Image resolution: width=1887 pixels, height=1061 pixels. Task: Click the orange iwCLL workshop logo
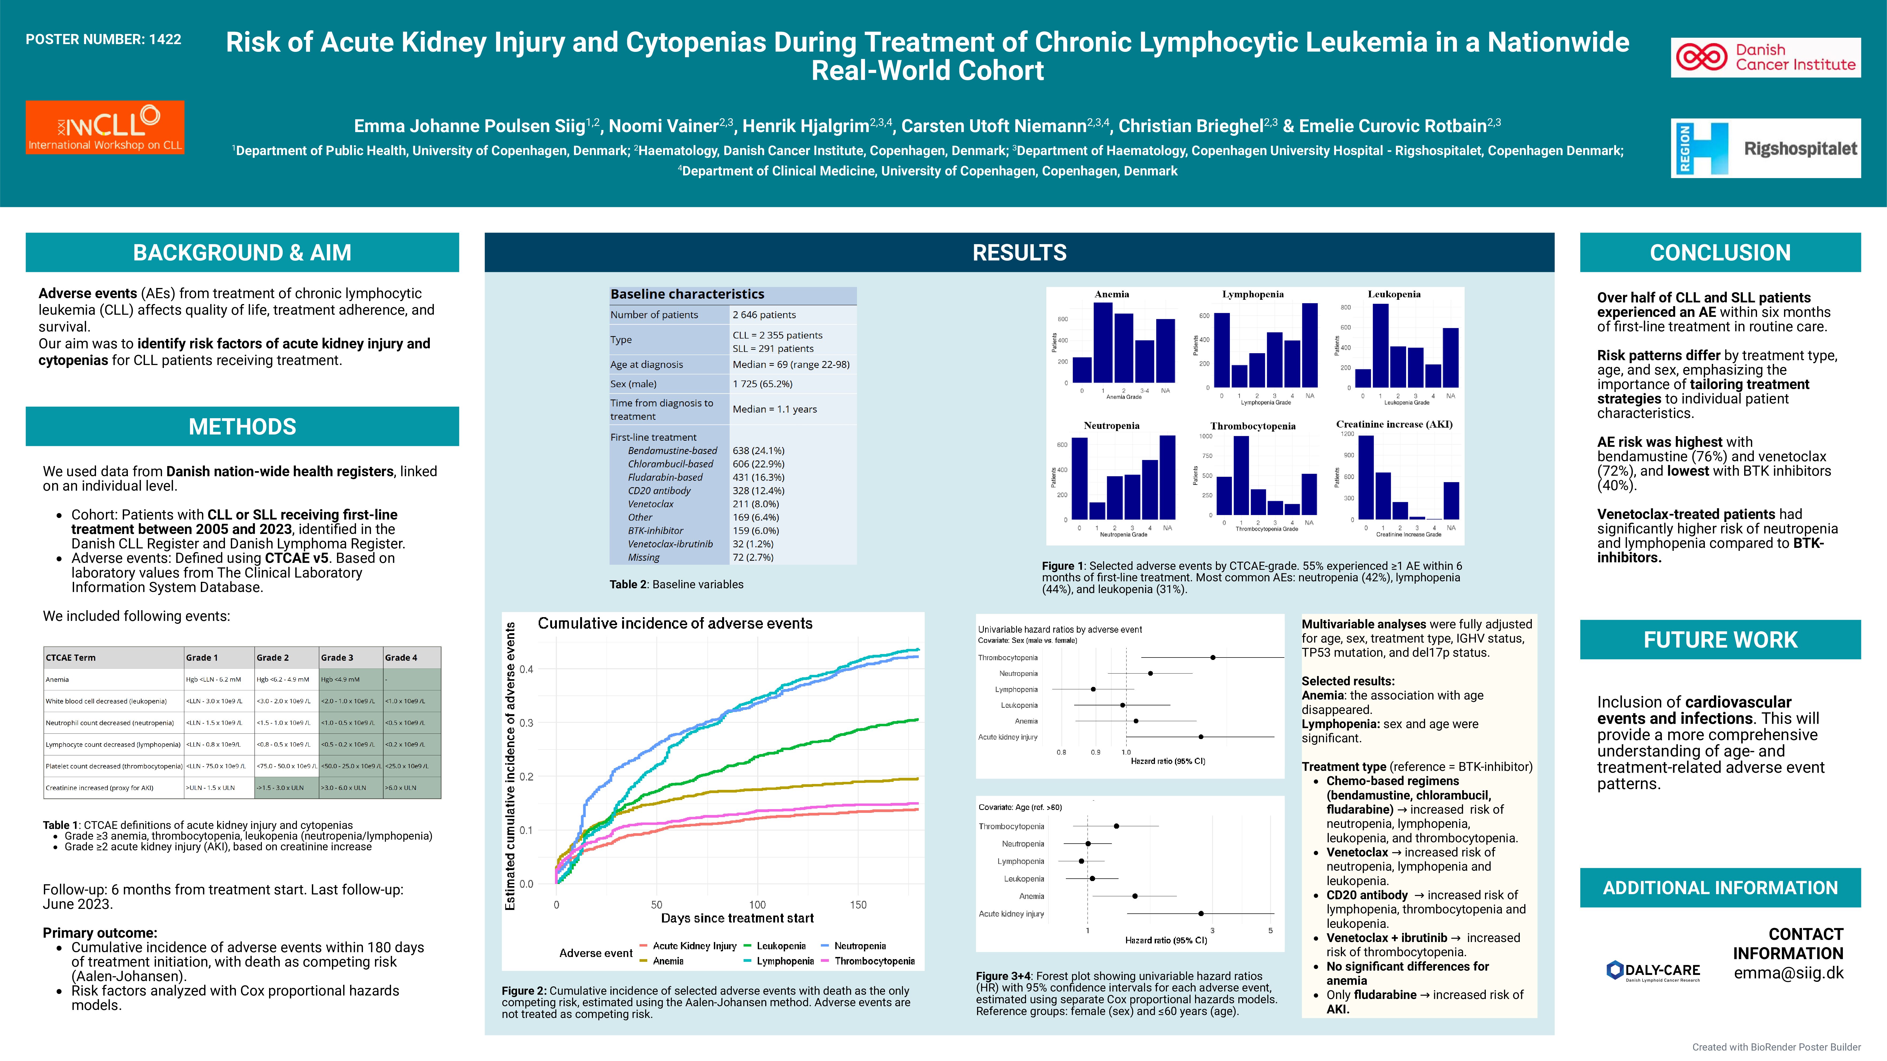click(105, 127)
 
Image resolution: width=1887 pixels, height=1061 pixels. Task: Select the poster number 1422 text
click(103, 40)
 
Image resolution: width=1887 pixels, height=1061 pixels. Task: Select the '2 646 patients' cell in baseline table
click(764, 315)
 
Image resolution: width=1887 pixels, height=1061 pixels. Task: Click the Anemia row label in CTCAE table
click(57, 679)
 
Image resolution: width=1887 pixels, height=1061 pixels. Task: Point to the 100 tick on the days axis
click(757, 905)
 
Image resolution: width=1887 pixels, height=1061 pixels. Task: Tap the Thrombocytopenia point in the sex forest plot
click(1213, 658)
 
